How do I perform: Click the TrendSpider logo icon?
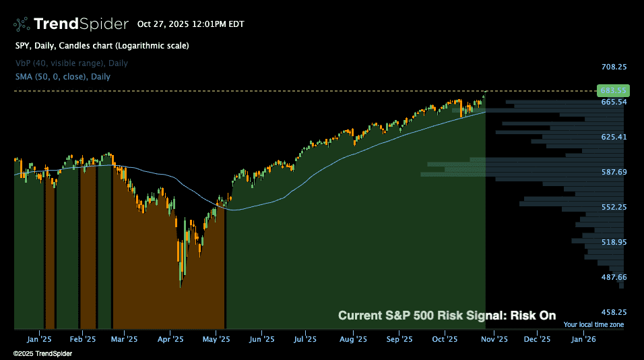pyautogui.click(x=21, y=24)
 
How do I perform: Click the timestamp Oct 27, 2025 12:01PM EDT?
pyautogui.click(x=191, y=24)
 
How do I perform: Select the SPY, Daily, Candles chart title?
pyautogui.click(x=102, y=46)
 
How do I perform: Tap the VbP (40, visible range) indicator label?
pyautogui.click(x=71, y=63)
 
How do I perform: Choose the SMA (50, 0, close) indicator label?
pyautogui.click(x=63, y=77)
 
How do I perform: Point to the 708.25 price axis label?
pyautogui.click(x=614, y=67)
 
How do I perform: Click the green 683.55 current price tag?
pyautogui.click(x=612, y=90)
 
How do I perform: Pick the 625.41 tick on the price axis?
pyautogui.click(x=614, y=137)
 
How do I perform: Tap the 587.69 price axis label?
pyautogui.click(x=614, y=172)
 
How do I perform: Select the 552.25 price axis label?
pyautogui.click(x=614, y=207)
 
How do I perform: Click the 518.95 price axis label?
pyautogui.click(x=614, y=242)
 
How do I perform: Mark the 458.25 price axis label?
pyautogui.click(x=614, y=312)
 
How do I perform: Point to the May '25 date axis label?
pyautogui.click(x=217, y=339)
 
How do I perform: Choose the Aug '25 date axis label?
pyautogui.click(x=352, y=339)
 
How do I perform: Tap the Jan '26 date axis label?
pyautogui.click(x=583, y=339)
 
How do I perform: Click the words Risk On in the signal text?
pyautogui.click(x=533, y=316)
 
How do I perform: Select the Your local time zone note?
pyautogui.click(x=593, y=325)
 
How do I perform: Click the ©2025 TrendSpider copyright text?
pyautogui.click(x=42, y=353)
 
